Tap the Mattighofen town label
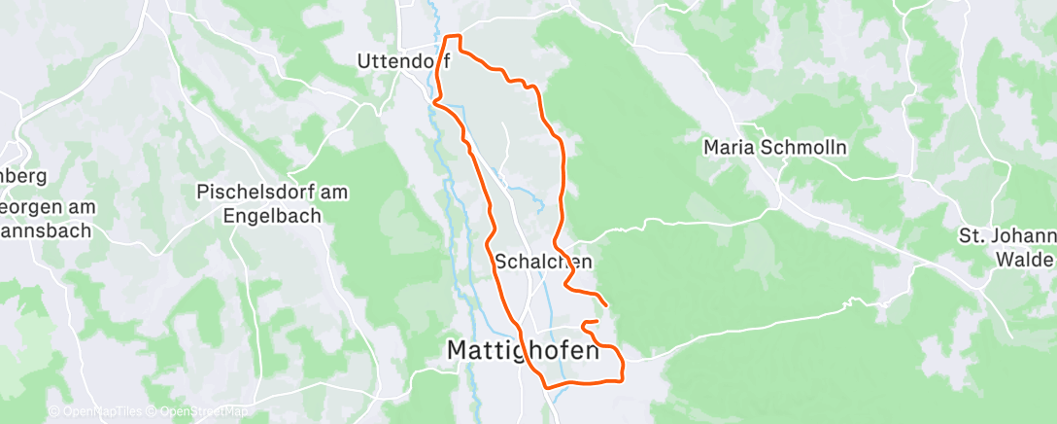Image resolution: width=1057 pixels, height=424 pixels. [524, 350]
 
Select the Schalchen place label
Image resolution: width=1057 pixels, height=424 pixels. [543, 262]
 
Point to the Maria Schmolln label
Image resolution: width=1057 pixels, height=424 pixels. [776, 148]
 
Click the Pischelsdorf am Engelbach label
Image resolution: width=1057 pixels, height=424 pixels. [272, 203]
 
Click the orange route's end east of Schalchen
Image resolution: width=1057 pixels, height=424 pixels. [607, 306]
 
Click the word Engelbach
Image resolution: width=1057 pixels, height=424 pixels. [272, 216]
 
